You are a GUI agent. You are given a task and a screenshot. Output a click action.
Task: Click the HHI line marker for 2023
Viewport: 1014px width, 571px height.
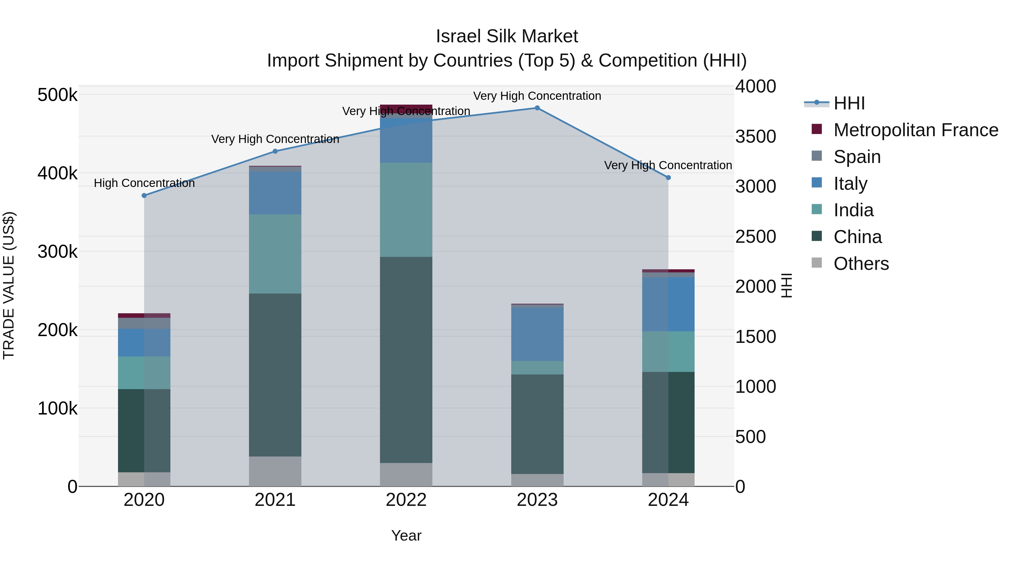(x=537, y=108)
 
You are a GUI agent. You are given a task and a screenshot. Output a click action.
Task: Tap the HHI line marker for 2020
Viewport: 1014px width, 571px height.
(x=144, y=195)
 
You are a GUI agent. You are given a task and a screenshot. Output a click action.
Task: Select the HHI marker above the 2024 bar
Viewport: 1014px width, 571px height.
(x=668, y=178)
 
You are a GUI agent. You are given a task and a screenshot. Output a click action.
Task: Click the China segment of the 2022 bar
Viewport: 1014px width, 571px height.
(x=406, y=360)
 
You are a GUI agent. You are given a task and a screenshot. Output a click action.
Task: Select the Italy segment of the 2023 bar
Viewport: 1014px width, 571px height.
(x=537, y=334)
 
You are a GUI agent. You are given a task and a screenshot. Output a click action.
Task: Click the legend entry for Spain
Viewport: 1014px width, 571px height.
(x=857, y=157)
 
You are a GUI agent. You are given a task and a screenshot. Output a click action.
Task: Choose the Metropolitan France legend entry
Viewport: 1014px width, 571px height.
(x=915, y=130)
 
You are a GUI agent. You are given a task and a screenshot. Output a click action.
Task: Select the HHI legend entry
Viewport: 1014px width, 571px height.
(x=849, y=103)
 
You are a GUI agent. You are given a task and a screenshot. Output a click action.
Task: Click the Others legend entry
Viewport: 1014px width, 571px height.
(x=860, y=264)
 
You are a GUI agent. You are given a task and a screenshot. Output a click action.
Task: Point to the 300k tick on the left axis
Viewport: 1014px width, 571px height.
(x=57, y=252)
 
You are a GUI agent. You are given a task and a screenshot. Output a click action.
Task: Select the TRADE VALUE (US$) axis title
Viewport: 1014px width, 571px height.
(x=9, y=285)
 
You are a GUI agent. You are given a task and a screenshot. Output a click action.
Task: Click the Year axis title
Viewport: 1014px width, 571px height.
(x=406, y=535)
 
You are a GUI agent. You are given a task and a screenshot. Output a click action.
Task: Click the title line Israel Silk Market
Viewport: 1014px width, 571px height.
(x=507, y=36)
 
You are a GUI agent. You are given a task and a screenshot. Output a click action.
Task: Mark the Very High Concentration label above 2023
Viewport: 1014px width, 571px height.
(x=537, y=96)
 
